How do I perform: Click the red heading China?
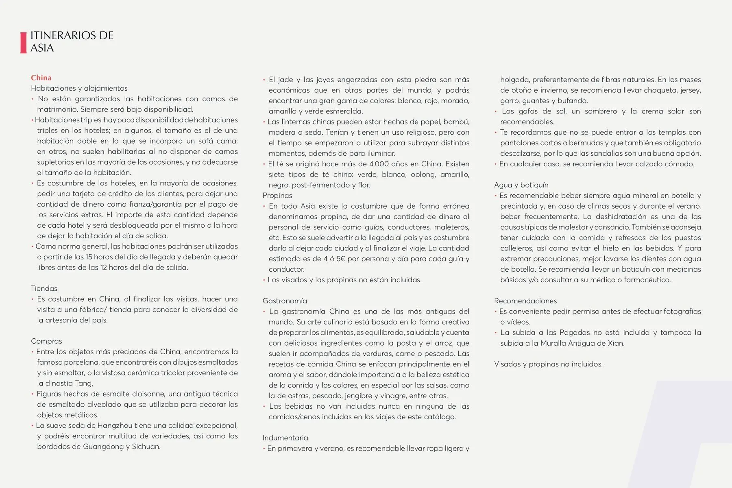41,78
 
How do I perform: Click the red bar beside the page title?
23,42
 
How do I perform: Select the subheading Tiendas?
44,288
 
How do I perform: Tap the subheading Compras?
46,341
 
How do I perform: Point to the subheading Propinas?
277,196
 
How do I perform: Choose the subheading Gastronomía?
285,301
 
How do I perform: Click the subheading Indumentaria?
285,438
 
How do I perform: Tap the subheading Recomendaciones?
525,301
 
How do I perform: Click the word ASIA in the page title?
42,48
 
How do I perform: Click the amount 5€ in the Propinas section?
339,259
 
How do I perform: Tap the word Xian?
615,343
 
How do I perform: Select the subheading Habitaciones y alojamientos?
79,88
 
